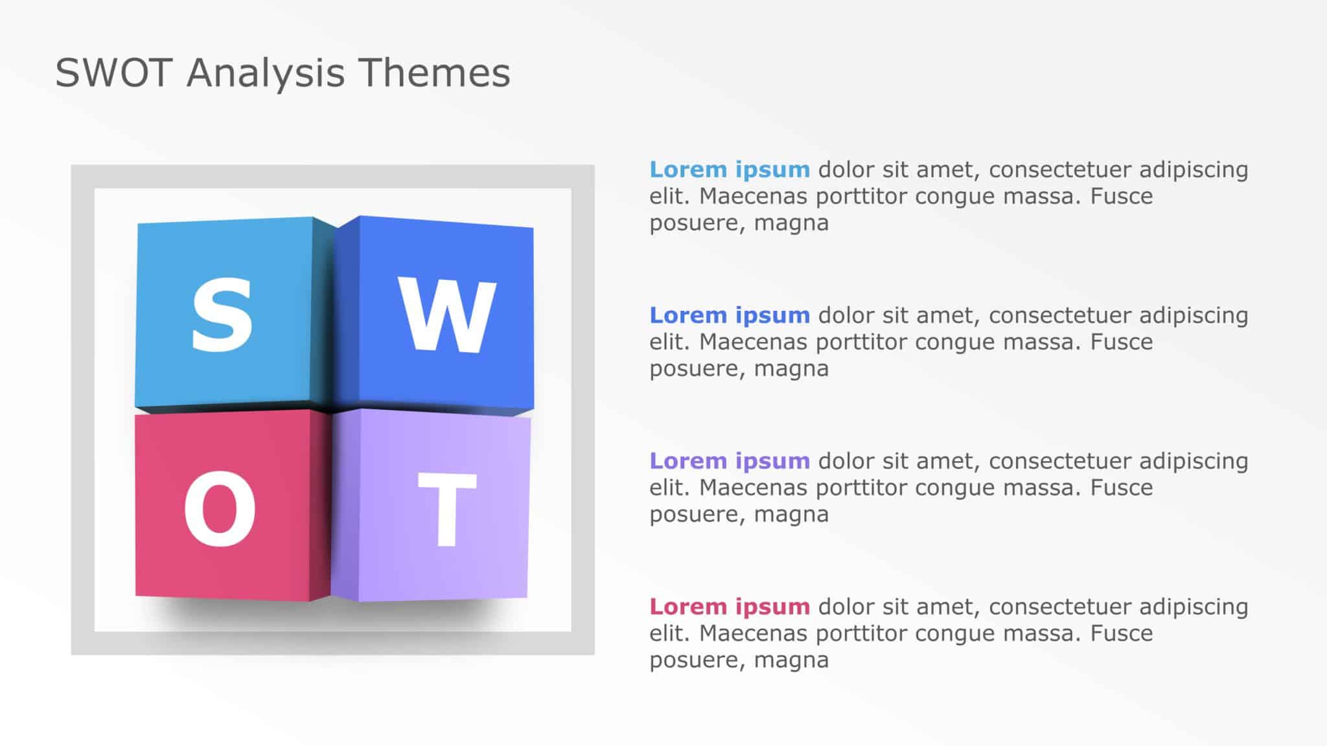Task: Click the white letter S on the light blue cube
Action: pyautogui.click(x=222, y=315)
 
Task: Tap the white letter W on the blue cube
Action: pyautogui.click(x=447, y=315)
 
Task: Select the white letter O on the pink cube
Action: pyautogui.click(x=220, y=508)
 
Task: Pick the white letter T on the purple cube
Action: pyautogui.click(x=447, y=510)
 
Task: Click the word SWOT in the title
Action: pyautogui.click(x=113, y=73)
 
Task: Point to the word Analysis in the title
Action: pyautogui.click(x=266, y=74)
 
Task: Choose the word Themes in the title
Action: pyautogui.click(x=434, y=73)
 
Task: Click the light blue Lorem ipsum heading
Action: pyautogui.click(x=730, y=170)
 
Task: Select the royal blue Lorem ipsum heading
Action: pyautogui.click(x=730, y=316)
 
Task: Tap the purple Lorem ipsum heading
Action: pyautogui.click(x=730, y=462)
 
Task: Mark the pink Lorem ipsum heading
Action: pyautogui.click(x=730, y=607)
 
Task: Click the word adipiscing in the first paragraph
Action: pyautogui.click(x=1194, y=170)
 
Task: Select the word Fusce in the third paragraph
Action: pyautogui.click(x=1122, y=488)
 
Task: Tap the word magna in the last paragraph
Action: pyautogui.click(x=791, y=661)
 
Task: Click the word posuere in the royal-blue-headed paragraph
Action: pyautogui.click(x=694, y=370)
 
